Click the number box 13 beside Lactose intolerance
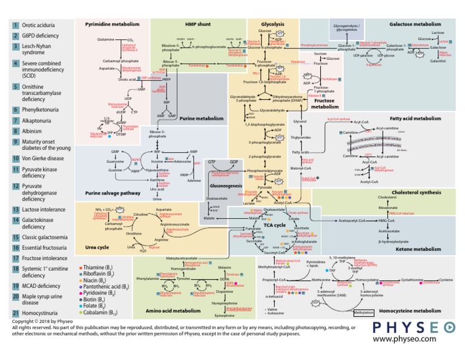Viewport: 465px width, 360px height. click(x=15, y=210)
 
